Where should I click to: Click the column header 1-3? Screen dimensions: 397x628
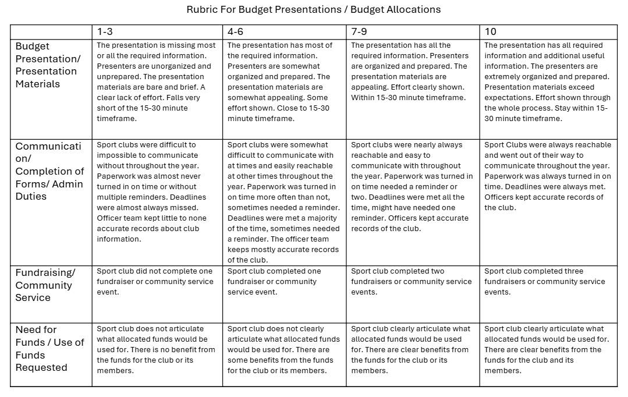(x=105, y=31)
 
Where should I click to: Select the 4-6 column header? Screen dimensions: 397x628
(x=235, y=31)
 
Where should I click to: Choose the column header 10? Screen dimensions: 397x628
(x=490, y=31)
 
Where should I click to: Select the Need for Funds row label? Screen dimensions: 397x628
(x=49, y=348)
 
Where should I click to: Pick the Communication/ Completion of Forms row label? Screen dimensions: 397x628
(x=49, y=171)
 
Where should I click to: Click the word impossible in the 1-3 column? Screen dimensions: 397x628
(x=117, y=155)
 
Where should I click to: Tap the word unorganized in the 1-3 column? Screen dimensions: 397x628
(x=170, y=66)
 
